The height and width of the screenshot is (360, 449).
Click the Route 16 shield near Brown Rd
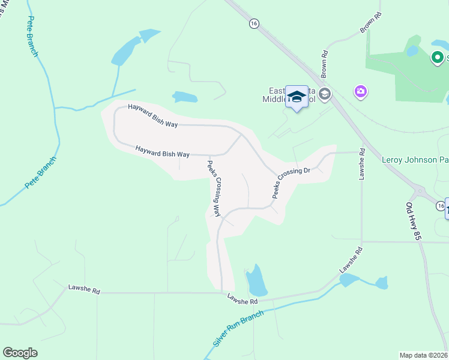pyautogui.click(x=255, y=23)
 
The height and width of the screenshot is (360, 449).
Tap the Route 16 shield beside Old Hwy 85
pyautogui.click(x=442, y=206)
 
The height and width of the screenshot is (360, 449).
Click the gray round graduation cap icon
pyautogui.click(x=325, y=94)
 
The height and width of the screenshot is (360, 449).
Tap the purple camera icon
pyautogui.click(x=361, y=91)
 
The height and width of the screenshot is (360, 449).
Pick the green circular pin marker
pyautogui.click(x=438, y=58)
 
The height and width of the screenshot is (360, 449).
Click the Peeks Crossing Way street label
pyautogui.click(x=213, y=188)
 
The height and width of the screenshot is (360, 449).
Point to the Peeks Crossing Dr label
pyautogui.click(x=291, y=182)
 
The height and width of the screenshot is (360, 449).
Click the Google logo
pyautogui.click(x=20, y=353)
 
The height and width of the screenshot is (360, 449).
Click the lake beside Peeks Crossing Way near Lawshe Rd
pyautogui.click(x=256, y=281)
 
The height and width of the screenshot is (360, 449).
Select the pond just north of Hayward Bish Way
pyautogui.click(x=184, y=97)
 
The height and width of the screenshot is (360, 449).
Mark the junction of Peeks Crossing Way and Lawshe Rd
pyautogui.click(x=221, y=293)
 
